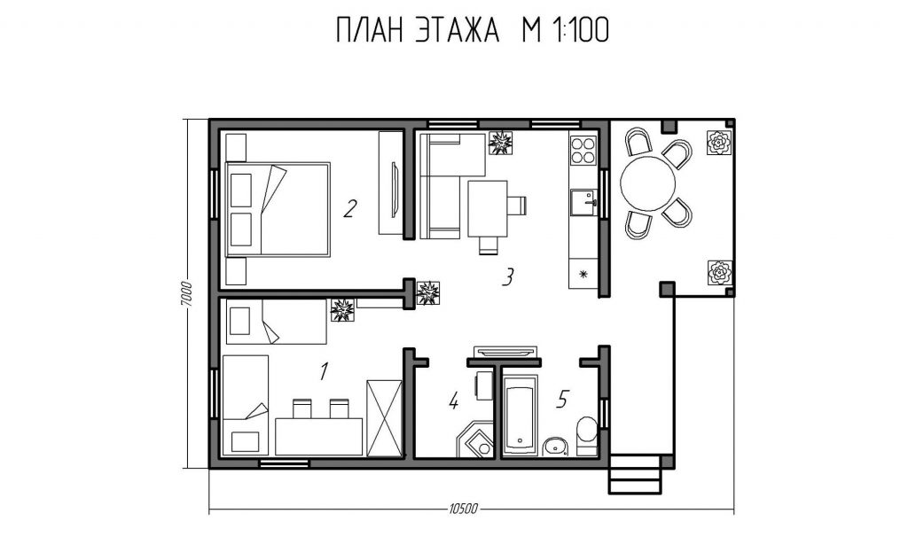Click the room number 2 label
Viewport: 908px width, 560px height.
(349, 209)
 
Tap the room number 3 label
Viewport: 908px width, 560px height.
(507, 277)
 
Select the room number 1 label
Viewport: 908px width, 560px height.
(325, 371)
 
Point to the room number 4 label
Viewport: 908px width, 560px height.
(453, 401)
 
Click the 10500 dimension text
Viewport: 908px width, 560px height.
(463, 509)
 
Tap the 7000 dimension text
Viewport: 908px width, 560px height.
(185, 294)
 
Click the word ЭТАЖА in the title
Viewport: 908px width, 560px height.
(457, 30)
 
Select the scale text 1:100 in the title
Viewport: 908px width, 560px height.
(581, 30)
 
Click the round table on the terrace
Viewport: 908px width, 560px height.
(648, 183)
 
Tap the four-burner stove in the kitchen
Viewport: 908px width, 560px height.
(583, 150)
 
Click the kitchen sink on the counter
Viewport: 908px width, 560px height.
(583, 203)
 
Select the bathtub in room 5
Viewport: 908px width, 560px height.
(521, 415)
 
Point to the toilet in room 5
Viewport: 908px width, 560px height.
(587, 437)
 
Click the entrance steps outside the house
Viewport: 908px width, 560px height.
(634, 474)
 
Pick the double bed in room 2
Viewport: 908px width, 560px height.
(278, 209)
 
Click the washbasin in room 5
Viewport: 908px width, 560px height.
(556, 447)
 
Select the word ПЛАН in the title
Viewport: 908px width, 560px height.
(370, 30)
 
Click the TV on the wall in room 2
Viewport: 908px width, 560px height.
(395, 190)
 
